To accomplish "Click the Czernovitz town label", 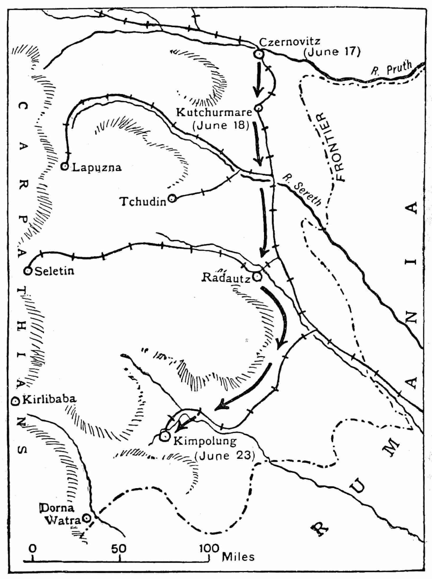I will [x=289, y=41].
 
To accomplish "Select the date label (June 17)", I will [x=332, y=52].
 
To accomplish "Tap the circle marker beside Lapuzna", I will [x=64, y=166].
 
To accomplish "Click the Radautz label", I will [x=226, y=278].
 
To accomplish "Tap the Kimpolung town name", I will [x=205, y=442].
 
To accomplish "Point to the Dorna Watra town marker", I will [x=86, y=518].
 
